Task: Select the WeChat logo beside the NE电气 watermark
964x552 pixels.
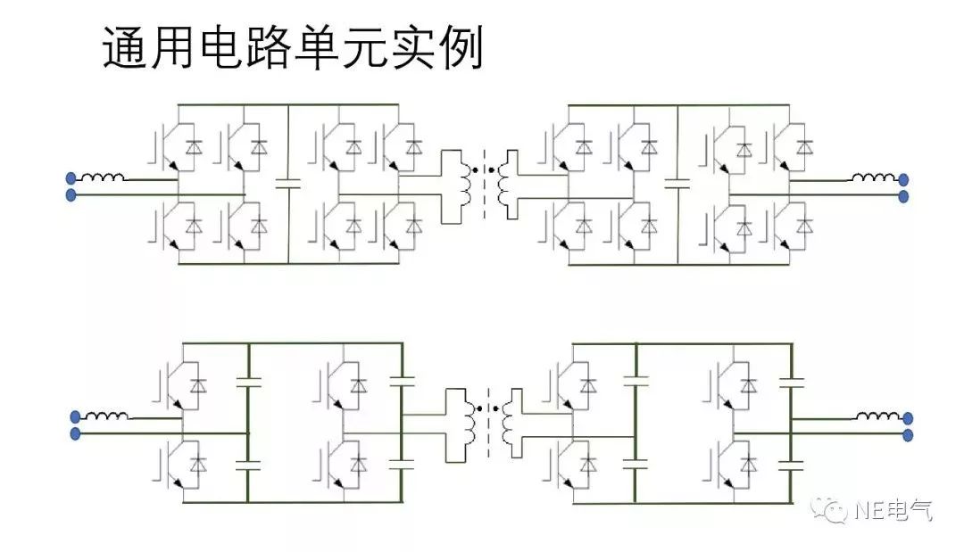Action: tap(834, 510)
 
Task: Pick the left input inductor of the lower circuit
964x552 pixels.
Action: tap(108, 416)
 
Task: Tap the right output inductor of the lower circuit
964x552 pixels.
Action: tap(878, 416)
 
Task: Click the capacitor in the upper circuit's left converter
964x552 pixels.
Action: tap(288, 185)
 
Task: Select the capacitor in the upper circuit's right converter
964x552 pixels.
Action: tap(677, 185)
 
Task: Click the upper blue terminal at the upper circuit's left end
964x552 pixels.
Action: tap(71, 178)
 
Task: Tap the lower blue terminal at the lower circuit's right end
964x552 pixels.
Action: tap(908, 435)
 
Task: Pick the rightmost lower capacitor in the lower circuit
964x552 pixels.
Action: tap(791, 464)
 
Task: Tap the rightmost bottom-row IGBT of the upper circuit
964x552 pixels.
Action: tap(792, 226)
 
